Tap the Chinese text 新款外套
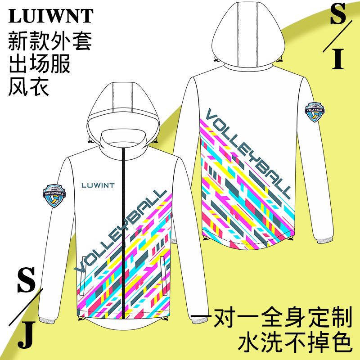point(50,42)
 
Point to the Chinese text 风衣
point(29,87)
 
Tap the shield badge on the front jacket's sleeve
point(54,195)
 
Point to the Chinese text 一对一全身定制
point(272,317)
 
